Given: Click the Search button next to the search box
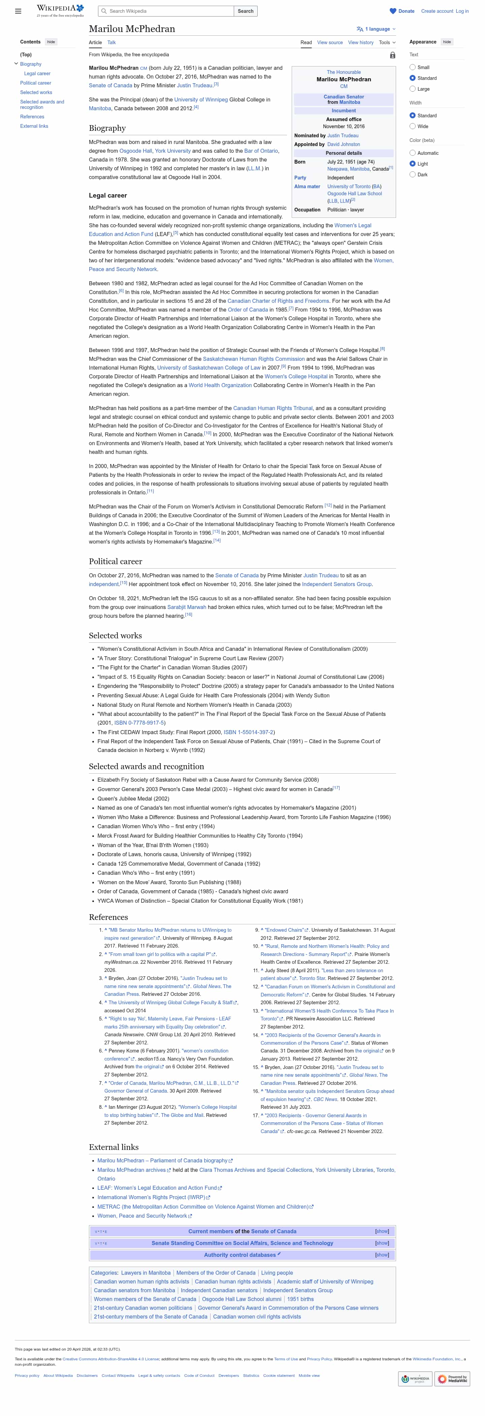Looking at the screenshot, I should [246, 11].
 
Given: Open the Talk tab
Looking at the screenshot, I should [111, 42].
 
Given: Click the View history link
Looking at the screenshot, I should [360, 42].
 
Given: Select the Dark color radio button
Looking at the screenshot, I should [413, 175].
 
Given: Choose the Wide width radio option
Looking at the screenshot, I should [413, 126].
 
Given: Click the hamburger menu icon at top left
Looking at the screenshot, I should [18, 11].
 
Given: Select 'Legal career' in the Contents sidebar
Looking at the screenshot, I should [37, 74].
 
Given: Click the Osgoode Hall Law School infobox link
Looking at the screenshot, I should [354, 194].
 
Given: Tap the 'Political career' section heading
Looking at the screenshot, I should [115, 561].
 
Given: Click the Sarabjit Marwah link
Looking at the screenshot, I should [187, 607].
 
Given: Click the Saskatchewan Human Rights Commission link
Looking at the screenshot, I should [254, 359].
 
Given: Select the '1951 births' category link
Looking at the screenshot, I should [300, 1299].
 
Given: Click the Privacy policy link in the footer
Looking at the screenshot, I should [27, 1375].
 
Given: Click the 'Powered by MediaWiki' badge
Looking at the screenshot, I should [452, 1379].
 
